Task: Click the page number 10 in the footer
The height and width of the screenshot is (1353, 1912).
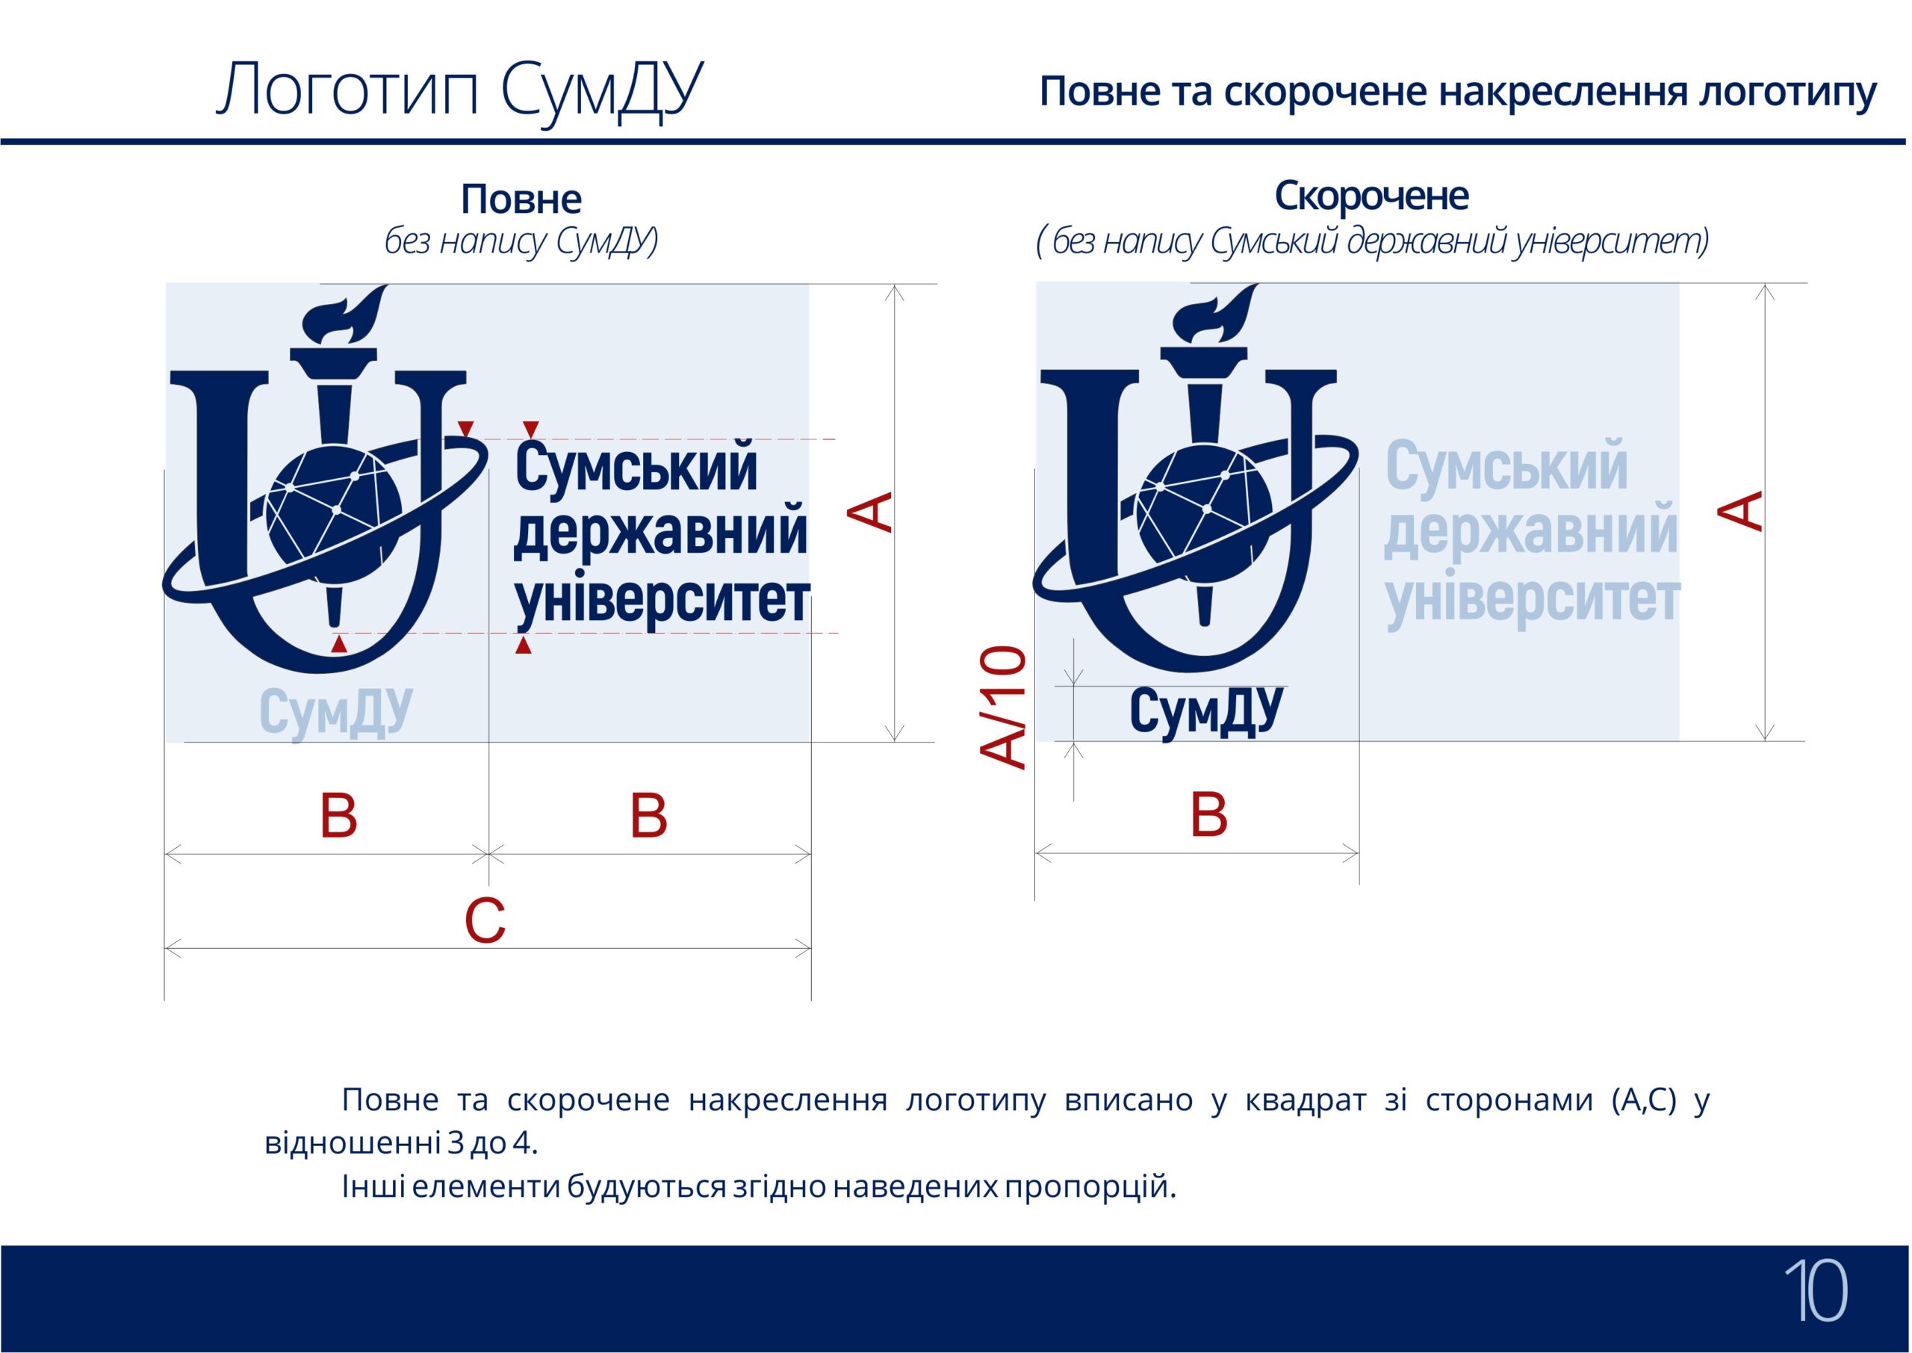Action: coord(1815,1289)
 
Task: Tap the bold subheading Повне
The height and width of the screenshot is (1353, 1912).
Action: coord(521,199)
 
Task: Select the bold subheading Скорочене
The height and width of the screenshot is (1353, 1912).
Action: coord(1371,196)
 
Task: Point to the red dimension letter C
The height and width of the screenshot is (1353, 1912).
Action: coord(485,922)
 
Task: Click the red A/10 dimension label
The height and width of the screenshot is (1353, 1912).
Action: coord(1002,707)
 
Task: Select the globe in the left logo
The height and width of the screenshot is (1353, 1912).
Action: coord(333,511)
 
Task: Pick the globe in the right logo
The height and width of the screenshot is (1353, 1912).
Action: coord(1204,511)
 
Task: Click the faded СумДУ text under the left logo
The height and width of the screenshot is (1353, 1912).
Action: coord(335,713)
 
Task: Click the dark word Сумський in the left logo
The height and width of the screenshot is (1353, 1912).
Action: coord(637,468)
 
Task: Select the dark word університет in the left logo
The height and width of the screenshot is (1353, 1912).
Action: coord(662,601)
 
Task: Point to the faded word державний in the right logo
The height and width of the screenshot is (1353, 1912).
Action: coord(1530,534)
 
